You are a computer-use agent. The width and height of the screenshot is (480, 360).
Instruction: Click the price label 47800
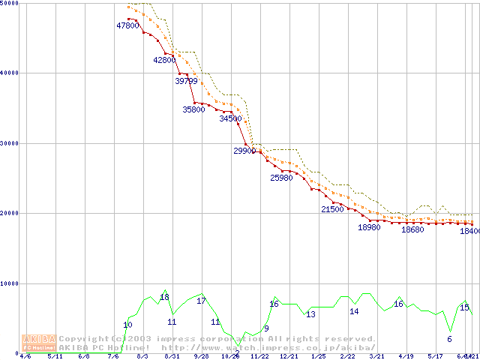[x=127, y=25]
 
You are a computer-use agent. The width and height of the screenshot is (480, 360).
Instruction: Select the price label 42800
[x=163, y=60]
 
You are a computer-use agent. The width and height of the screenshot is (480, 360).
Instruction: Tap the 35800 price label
[x=193, y=109]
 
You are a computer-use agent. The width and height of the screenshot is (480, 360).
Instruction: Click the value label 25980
[x=281, y=178]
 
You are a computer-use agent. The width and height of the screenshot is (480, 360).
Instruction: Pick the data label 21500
[x=331, y=209]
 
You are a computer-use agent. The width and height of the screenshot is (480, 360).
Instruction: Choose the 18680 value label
[x=412, y=230]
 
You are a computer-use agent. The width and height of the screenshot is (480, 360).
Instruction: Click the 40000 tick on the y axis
[x=9, y=73]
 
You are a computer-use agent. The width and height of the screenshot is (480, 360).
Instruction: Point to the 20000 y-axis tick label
[x=9, y=213]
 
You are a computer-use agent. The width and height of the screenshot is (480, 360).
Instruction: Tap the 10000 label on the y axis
[x=9, y=283]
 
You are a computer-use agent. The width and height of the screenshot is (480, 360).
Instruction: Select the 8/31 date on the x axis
[x=172, y=357]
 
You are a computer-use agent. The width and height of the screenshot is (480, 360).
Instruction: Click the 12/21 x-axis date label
[x=289, y=357]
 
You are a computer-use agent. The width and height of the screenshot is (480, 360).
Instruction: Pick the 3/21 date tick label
[x=376, y=357]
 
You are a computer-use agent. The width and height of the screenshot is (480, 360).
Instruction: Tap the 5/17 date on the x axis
[x=435, y=357]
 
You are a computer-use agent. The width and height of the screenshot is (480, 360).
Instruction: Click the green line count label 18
[x=165, y=298]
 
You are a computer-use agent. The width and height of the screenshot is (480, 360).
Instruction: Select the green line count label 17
[x=201, y=301]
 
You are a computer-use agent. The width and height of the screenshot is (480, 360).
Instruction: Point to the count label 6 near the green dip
[x=449, y=339]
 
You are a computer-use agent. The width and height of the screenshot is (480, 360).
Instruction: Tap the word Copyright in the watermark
[x=84, y=339]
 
